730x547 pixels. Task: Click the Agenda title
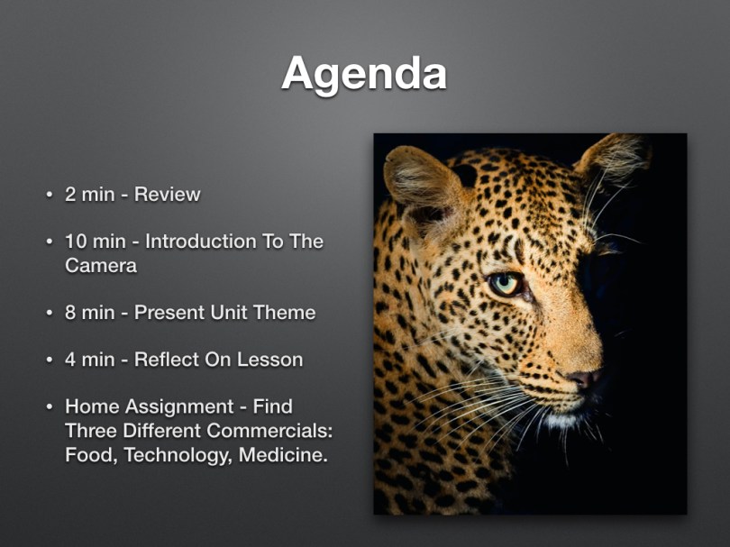tap(364, 75)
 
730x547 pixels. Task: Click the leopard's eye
tap(505, 284)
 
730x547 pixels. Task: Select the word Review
tap(167, 194)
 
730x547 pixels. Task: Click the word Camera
tap(101, 265)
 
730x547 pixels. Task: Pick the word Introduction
tap(201, 242)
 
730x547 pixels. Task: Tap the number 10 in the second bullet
tap(77, 242)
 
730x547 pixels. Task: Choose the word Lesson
tap(270, 360)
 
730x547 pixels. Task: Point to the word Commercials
tap(269, 431)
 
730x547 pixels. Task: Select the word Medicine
tap(284, 455)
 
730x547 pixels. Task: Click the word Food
tap(91, 455)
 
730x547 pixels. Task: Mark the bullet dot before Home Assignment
tap(50, 407)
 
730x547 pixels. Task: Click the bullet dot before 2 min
tap(50, 195)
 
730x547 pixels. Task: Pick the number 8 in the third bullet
tap(70, 313)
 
